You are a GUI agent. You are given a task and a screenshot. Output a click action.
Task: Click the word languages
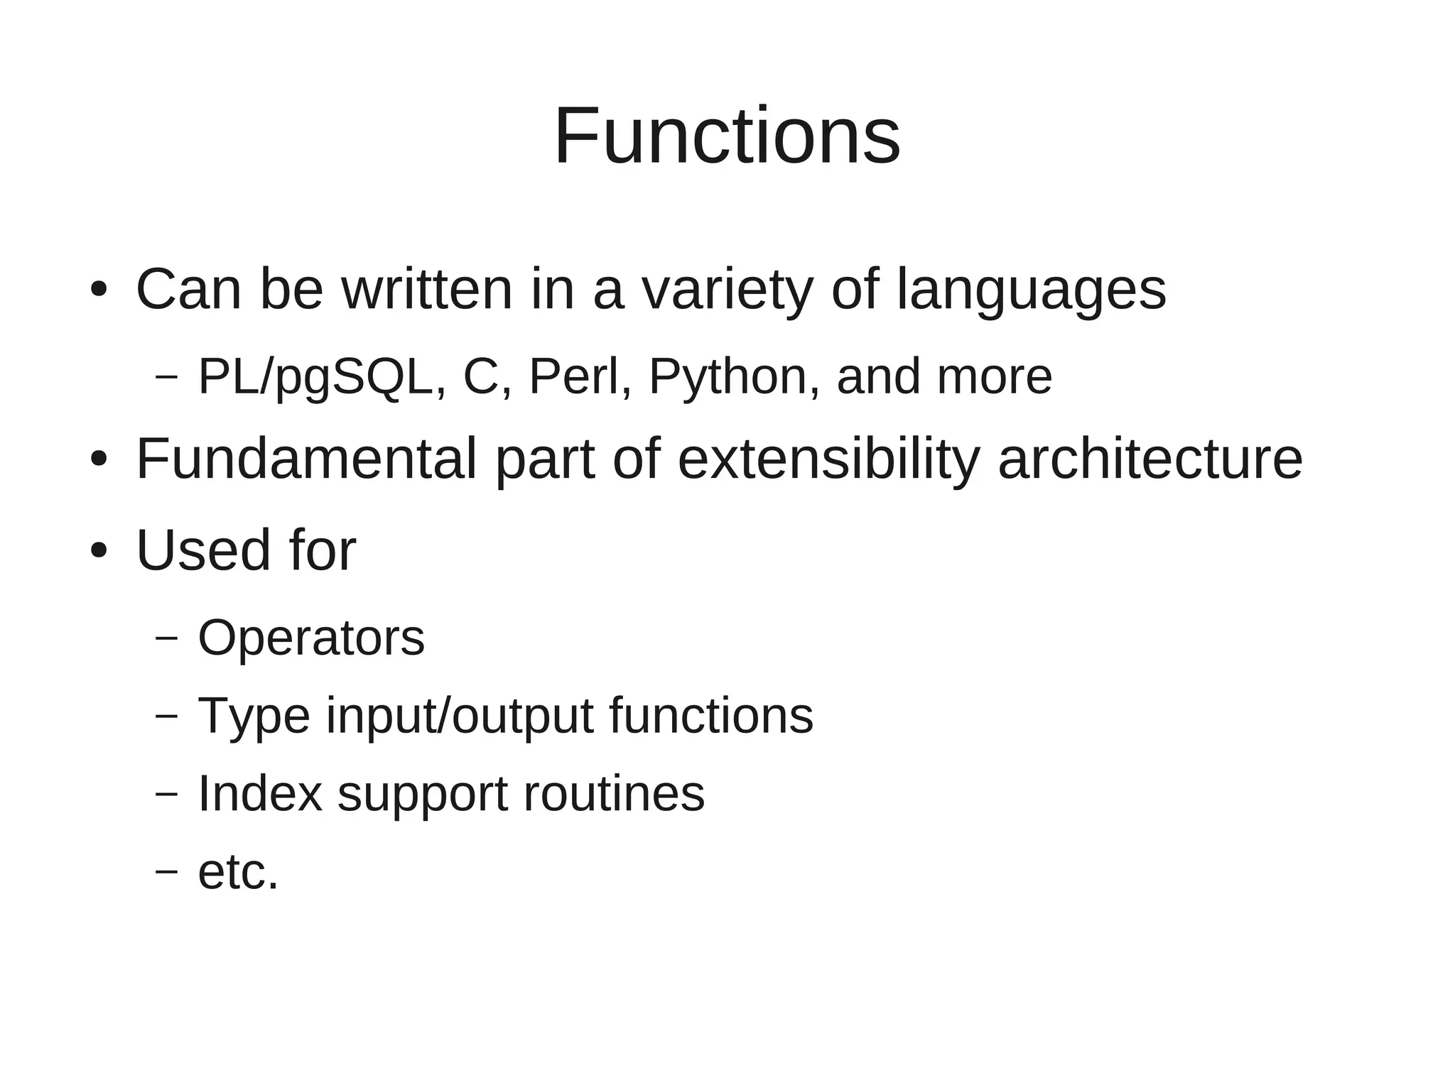(x=1031, y=289)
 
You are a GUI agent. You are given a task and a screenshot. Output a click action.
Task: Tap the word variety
(x=727, y=289)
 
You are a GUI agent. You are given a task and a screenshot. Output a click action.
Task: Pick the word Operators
(x=311, y=638)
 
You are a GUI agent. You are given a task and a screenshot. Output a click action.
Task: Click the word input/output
(x=459, y=716)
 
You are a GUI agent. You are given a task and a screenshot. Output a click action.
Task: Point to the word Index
(x=260, y=793)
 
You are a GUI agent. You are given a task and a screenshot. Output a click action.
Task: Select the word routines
(x=614, y=793)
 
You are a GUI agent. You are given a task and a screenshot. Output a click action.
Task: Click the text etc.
(x=238, y=872)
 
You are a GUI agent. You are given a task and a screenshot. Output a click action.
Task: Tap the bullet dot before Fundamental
(x=99, y=459)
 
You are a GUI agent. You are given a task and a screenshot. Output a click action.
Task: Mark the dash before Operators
(x=166, y=638)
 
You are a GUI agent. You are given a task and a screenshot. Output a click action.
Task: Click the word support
(x=422, y=795)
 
